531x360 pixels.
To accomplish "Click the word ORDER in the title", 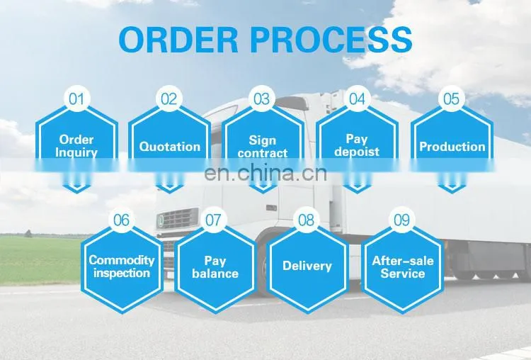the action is tap(178, 40).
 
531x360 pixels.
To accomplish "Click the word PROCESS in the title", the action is tap(331, 40).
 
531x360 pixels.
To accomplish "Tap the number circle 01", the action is tap(76, 99).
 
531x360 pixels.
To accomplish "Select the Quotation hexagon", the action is tap(169, 147).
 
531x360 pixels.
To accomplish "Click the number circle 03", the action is tap(262, 99).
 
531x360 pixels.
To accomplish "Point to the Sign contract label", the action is tap(263, 147).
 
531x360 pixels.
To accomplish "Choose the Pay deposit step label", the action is tap(357, 145).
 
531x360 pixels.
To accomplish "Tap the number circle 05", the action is tap(452, 99).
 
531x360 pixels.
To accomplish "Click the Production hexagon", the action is tap(452, 147).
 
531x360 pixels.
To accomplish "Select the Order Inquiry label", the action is tap(76, 146).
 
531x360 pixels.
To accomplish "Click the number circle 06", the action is tap(122, 220).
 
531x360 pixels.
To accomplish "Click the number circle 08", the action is tap(306, 220).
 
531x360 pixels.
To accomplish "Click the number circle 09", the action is tap(402, 220).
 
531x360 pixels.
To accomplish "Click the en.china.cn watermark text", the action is tap(265, 173).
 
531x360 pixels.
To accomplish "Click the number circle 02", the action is tap(169, 99).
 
